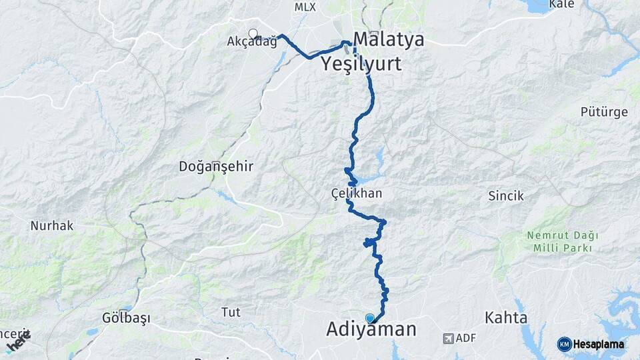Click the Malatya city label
[389, 39]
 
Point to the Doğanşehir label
[216, 167]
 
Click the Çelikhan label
[357, 193]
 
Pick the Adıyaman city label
[371, 329]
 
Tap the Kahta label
[507, 317]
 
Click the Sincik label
[506, 196]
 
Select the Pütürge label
[604, 112]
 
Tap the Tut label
[230, 311]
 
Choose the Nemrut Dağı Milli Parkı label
[563, 241]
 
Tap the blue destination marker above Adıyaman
[370, 319]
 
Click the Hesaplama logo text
[599, 344]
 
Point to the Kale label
[561, 5]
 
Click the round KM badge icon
[564, 344]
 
